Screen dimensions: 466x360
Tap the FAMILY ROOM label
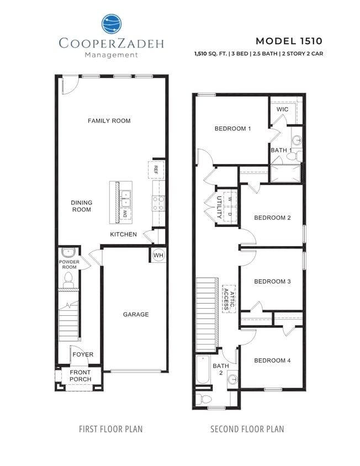coord(109,120)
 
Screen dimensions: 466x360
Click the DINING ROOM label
coord(82,206)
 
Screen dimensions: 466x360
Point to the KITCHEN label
coord(123,235)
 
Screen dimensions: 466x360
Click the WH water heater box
coord(158,255)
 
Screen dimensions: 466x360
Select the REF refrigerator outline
coord(156,169)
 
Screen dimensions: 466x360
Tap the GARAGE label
coord(136,314)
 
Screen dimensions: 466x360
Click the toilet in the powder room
coord(70,277)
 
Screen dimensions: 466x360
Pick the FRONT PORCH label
coord(80,376)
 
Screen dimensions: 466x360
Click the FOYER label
coord(83,354)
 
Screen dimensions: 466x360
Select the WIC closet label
coord(282,109)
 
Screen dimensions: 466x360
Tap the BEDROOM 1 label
coord(232,129)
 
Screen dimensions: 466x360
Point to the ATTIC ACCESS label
coord(229,298)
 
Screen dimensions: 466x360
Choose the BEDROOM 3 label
coord(272,282)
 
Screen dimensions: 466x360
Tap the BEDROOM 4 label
coord(272,361)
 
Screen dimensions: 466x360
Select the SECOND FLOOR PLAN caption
coord(247,429)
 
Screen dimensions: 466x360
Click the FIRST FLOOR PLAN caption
coord(110,429)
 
